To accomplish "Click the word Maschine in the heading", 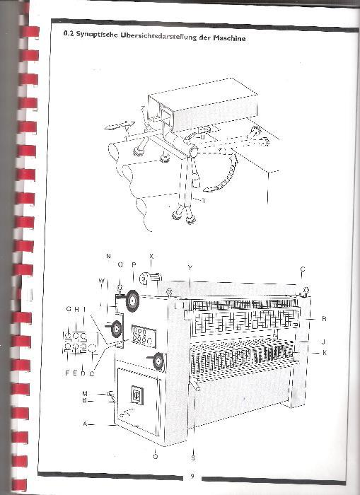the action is click(229, 38).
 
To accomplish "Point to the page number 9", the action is click(192, 476).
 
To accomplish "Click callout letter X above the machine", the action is click(151, 256).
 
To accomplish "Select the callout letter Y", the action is click(190, 268).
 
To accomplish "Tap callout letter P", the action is click(134, 265).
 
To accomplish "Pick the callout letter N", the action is click(108, 256).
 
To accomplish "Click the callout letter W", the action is click(102, 281).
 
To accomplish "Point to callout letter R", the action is click(324, 319).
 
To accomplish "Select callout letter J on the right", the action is click(323, 342).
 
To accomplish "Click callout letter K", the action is click(325, 353).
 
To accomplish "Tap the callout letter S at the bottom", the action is click(193, 457).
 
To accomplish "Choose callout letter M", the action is click(85, 394).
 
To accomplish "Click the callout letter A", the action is click(85, 424).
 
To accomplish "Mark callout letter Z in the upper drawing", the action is click(143, 109).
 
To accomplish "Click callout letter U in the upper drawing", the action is click(202, 137).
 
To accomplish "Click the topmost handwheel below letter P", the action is click(132, 301).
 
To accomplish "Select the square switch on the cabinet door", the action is click(137, 395).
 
